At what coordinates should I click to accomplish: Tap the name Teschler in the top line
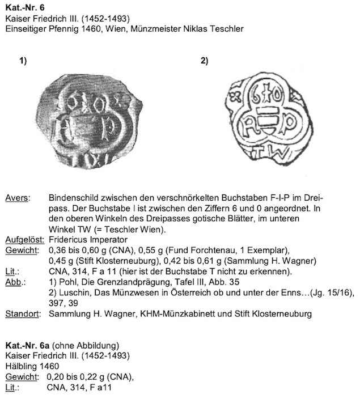[x=226, y=29]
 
